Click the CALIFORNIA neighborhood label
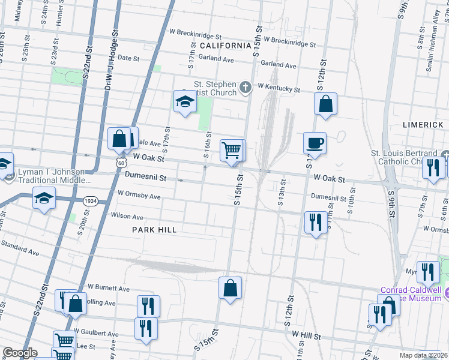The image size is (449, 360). (x=225, y=46)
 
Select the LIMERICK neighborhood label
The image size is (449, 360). (x=423, y=124)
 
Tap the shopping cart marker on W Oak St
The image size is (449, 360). (x=231, y=151)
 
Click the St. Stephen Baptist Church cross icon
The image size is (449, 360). (x=245, y=88)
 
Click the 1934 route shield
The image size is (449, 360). (x=91, y=200)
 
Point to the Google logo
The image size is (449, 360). (x=19, y=353)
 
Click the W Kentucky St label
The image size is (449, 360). (x=279, y=88)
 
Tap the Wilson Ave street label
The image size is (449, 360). (x=127, y=217)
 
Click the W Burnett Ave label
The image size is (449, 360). (x=109, y=289)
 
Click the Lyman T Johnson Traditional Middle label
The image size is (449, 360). (x=54, y=175)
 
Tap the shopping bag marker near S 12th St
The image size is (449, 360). (x=325, y=104)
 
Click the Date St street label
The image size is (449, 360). (x=128, y=59)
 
